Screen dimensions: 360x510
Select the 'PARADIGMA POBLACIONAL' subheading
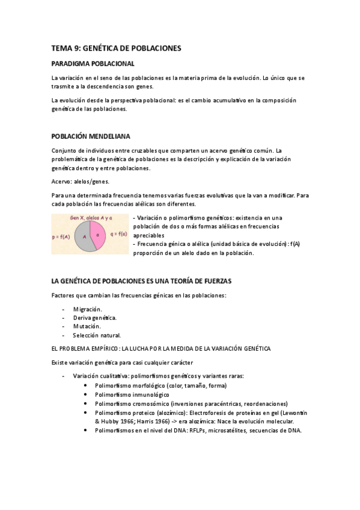tap(93, 63)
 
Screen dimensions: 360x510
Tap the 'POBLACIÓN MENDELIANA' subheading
tap(91, 137)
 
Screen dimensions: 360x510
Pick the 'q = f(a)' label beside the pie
tap(118, 234)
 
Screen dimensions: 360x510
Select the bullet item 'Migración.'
tap(88, 309)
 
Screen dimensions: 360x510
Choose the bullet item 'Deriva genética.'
tap(95, 318)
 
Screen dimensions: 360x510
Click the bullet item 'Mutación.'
tap(87, 327)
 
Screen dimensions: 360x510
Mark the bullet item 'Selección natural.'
tap(97, 335)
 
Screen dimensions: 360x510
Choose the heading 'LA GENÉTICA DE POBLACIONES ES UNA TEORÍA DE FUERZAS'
tap(141, 281)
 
